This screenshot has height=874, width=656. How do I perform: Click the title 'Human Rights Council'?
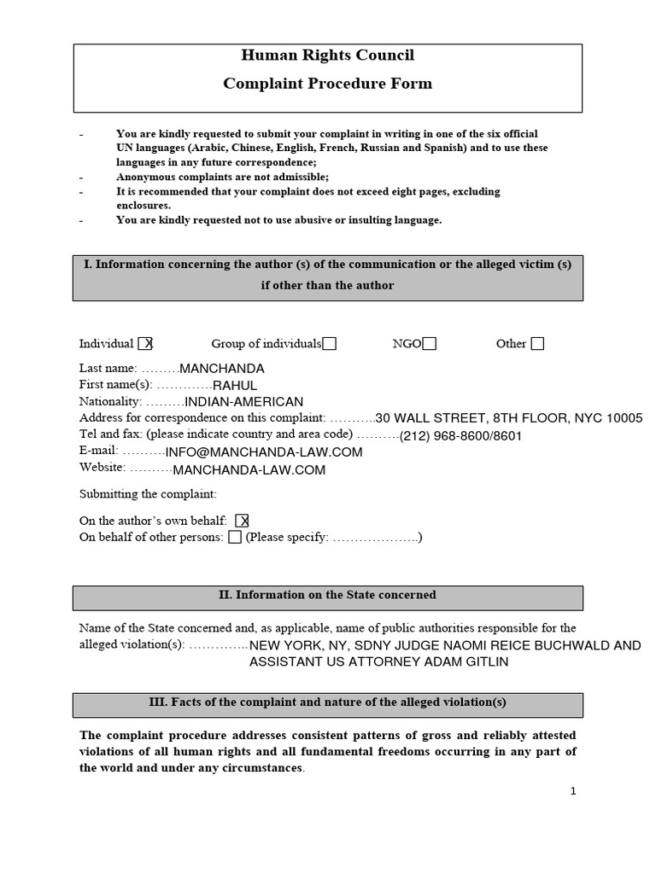click(327, 55)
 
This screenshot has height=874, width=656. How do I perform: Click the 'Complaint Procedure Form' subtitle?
click(327, 84)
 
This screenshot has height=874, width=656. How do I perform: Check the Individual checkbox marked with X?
click(146, 344)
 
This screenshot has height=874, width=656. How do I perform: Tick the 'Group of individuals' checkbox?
click(329, 344)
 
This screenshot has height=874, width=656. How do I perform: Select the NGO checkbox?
click(430, 344)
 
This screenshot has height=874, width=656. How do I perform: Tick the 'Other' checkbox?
click(537, 344)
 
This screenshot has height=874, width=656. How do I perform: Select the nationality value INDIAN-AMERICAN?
click(244, 402)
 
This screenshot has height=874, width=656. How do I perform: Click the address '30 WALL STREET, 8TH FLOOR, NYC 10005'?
click(509, 418)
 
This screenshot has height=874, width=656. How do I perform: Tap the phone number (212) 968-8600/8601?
click(460, 436)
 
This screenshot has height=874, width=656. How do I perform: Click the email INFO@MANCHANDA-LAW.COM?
click(264, 452)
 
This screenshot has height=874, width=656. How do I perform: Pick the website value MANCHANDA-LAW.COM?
click(249, 469)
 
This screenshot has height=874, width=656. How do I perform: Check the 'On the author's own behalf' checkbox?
click(242, 521)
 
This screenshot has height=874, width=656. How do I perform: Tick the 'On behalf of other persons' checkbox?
click(235, 538)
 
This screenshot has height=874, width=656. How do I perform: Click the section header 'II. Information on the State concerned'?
click(327, 596)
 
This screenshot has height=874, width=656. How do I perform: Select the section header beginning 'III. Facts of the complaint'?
click(327, 703)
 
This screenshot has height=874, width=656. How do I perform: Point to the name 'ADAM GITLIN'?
click(473, 662)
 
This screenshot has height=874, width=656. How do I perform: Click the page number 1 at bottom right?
click(573, 791)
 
